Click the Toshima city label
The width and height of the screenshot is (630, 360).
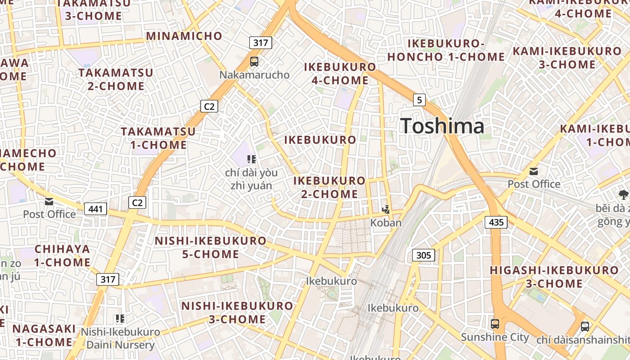point(442,126)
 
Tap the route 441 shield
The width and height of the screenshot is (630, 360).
point(95,209)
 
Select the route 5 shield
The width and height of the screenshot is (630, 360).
point(419,100)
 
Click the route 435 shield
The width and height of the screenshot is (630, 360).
point(496,222)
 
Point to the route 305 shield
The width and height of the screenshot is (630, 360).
point(423,256)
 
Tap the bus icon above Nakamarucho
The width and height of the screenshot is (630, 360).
point(254,61)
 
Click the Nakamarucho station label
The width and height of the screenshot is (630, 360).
point(254,75)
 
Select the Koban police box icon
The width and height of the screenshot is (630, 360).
point(386,209)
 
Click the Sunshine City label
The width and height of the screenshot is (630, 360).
point(495,337)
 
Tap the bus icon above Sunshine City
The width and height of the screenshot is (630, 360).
point(495,324)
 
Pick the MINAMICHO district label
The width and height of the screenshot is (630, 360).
point(184,36)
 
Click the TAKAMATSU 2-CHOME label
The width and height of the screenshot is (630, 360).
point(116,79)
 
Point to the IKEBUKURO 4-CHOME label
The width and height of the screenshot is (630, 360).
point(340,74)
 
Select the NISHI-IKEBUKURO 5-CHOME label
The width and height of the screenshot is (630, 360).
point(211,247)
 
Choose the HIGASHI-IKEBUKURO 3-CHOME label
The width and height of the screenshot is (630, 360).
point(554,277)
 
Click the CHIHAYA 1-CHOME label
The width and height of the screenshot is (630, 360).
point(63,255)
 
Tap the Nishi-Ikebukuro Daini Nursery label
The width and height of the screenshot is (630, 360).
point(120,338)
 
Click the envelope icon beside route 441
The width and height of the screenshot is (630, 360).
point(49,202)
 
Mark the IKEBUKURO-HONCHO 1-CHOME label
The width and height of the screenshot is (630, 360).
point(446,50)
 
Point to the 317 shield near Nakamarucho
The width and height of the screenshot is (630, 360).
point(261,43)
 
